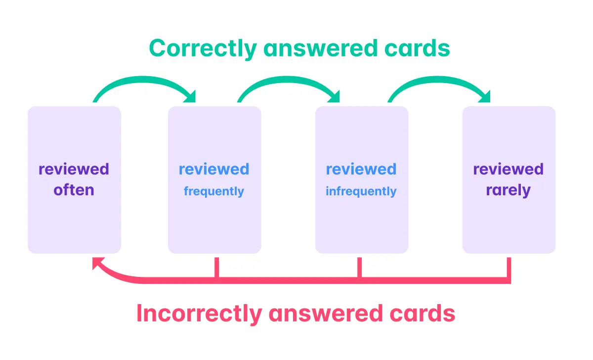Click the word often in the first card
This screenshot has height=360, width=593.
tap(74, 190)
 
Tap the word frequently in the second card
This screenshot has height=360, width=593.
tap(214, 191)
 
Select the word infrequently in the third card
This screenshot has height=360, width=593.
tap(361, 191)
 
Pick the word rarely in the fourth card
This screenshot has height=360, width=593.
tap(508, 190)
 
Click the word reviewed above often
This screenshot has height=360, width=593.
tap(74, 169)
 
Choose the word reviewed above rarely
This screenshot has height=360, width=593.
tap(508, 169)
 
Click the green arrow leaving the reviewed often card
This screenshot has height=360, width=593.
tap(143, 82)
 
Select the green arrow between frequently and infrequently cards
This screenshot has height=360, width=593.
tap(289, 82)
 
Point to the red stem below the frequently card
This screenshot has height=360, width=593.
tap(216, 269)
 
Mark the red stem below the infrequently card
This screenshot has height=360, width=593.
tap(360, 269)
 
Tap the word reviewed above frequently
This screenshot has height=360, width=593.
tap(214, 169)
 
